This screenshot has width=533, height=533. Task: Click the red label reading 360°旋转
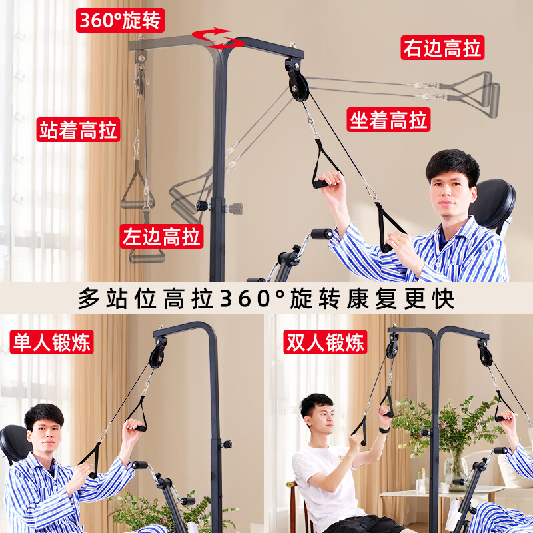tap(120, 21)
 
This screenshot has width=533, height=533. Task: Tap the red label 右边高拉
tap(442, 48)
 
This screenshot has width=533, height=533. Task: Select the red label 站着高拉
tap(78, 129)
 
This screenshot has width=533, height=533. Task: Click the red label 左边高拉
tap(162, 236)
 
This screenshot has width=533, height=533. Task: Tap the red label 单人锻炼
tap(51, 342)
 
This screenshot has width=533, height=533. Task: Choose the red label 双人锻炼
tap(326, 342)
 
